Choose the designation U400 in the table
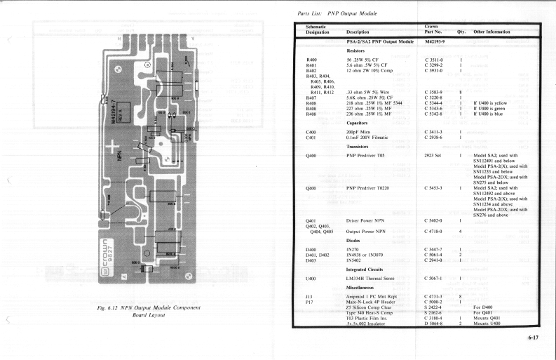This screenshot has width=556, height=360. coord(302,279)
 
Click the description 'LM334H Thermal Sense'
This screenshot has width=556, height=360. coord(376,279)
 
